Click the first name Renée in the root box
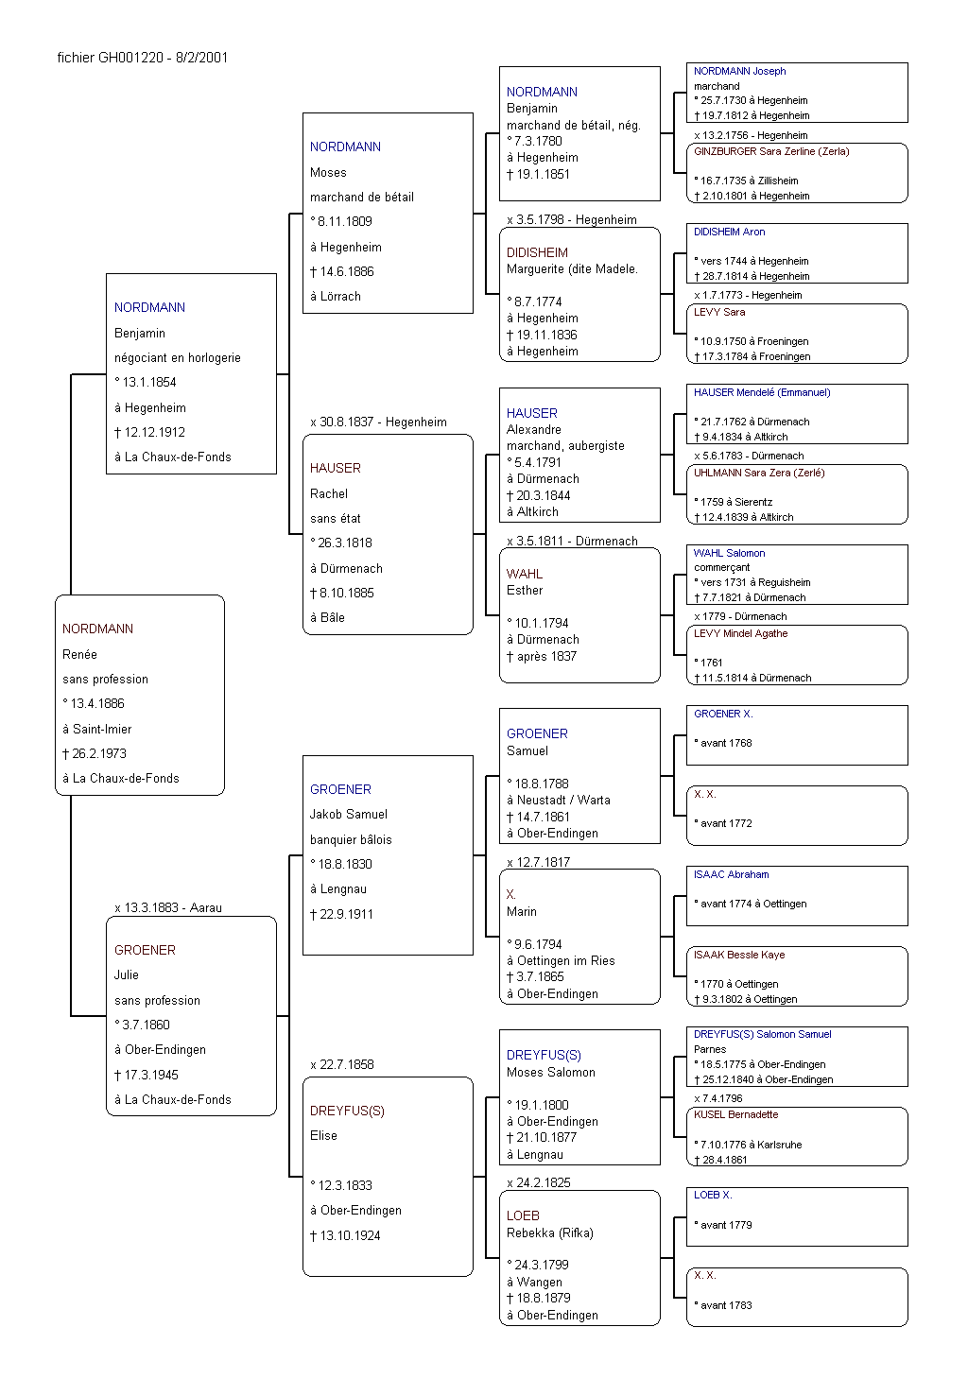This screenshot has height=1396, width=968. click(x=79, y=654)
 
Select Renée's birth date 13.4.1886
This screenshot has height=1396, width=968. click(x=97, y=703)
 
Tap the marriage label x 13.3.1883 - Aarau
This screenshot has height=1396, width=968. click(x=168, y=907)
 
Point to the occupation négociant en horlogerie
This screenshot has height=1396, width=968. click(x=178, y=357)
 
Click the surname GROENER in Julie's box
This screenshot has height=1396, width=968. click(x=145, y=950)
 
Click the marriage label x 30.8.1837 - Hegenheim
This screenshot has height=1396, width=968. click(x=378, y=422)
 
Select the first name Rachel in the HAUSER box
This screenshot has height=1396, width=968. click(x=328, y=493)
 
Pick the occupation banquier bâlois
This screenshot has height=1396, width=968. click(x=351, y=839)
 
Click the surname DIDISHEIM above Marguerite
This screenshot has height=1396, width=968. click(x=537, y=252)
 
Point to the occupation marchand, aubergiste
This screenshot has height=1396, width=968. click(x=565, y=445)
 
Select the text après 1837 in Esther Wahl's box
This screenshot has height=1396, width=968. click(x=546, y=656)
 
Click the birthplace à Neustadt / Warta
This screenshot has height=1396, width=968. click(x=559, y=801)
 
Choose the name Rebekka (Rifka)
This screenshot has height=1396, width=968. click(x=550, y=1232)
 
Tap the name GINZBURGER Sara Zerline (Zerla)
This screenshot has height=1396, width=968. click(x=771, y=151)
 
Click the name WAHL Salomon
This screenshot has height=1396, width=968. click(x=729, y=553)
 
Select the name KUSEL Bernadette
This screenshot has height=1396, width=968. click(x=736, y=1114)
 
